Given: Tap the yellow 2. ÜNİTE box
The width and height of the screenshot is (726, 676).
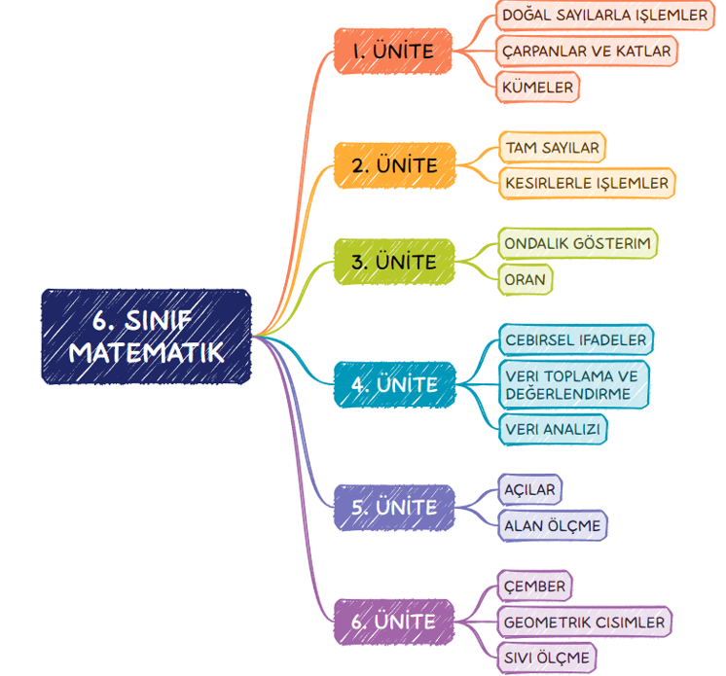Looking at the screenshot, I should (x=394, y=165).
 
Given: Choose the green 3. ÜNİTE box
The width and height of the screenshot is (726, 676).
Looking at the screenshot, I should (x=394, y=262).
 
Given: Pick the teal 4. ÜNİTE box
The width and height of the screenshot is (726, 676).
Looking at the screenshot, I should (x=394, y=384).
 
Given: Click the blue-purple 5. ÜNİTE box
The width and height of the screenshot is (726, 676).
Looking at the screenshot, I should (x=394, y=507).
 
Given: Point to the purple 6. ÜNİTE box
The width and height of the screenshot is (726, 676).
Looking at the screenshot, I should (x=394, y=622).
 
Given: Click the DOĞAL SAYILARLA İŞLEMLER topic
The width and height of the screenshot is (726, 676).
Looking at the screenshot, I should (x=604, y=16).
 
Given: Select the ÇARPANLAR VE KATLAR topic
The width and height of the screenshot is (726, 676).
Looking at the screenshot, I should (x=586, y=51).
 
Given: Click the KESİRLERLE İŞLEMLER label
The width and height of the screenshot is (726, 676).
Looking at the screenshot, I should (x=586, y=182).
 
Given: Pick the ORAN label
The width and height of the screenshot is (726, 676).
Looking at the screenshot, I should (x=525, y=279).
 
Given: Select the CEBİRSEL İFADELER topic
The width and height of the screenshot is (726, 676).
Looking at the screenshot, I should (x=575, y=340).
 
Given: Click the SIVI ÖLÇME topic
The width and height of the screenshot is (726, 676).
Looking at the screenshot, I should (x=546, y=658).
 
